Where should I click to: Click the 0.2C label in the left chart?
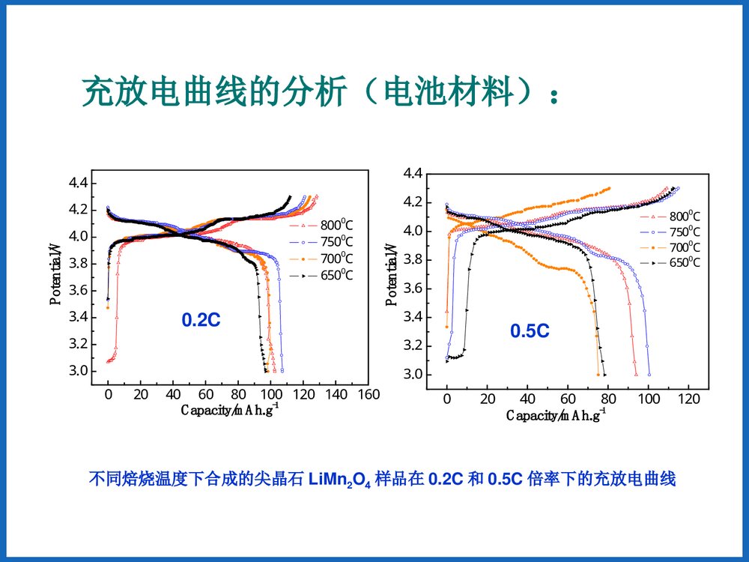201,320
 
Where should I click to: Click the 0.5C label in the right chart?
530,330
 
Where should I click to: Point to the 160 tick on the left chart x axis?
369,394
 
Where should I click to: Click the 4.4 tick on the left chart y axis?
78,183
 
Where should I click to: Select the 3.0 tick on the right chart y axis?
413,375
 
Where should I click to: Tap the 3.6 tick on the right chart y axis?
413,288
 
